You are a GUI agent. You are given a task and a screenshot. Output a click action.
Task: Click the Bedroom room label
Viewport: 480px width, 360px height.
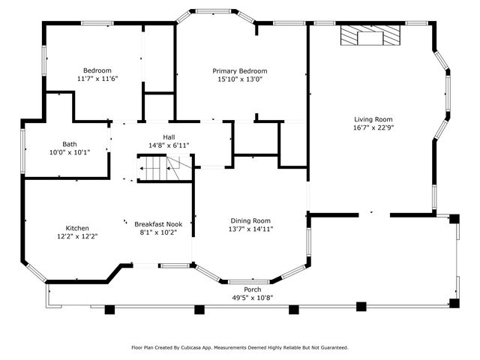[x=97, y=70]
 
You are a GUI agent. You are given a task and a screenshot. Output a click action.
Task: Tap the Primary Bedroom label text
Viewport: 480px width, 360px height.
[x=239, y=71]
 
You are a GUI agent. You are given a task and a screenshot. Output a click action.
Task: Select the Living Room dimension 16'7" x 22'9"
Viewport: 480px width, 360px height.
[x=373, y=127]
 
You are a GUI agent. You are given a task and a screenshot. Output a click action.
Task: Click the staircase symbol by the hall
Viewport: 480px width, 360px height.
[x=153, y=169]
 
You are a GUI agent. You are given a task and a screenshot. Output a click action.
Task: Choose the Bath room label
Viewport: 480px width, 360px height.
[x=69, y=144]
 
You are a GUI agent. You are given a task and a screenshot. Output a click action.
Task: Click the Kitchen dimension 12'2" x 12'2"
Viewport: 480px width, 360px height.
[x=77, y=236]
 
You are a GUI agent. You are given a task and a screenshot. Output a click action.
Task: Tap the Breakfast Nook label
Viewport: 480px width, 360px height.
[x=158, y=224]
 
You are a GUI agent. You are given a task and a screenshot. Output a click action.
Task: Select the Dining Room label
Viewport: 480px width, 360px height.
[x=250, y=220]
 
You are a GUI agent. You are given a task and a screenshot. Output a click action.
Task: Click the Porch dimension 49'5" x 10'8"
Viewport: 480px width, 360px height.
[x=252, y=297]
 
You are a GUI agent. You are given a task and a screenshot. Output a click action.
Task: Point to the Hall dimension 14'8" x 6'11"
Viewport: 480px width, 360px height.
[x=158, y=144]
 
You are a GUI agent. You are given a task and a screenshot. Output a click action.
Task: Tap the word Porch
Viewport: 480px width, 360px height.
[x=253, y=289]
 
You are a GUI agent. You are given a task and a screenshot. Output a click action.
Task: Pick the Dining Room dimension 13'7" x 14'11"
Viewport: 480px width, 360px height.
[x=250, y=229]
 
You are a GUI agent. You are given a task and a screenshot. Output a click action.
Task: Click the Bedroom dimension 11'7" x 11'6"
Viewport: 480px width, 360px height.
[x=97, y=78]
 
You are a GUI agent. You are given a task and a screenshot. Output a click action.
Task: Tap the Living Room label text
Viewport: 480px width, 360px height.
[x=373, y=119]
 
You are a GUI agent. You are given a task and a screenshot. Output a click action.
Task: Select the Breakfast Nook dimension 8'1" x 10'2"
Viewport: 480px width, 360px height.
[x=158, y=232]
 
